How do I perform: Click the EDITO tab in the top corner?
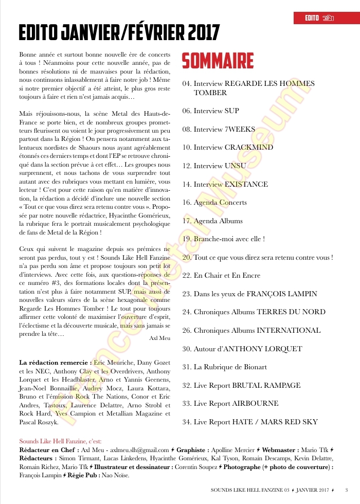click(x=312, y=19)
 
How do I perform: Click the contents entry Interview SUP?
click(x=211, y=111)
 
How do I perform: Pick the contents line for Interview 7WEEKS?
click(x=219, y=129)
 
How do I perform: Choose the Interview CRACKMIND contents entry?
click(x=228, y=148)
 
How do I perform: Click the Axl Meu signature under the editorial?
click(x=159, y=338)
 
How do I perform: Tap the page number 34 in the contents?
click(x=187, y=422)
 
